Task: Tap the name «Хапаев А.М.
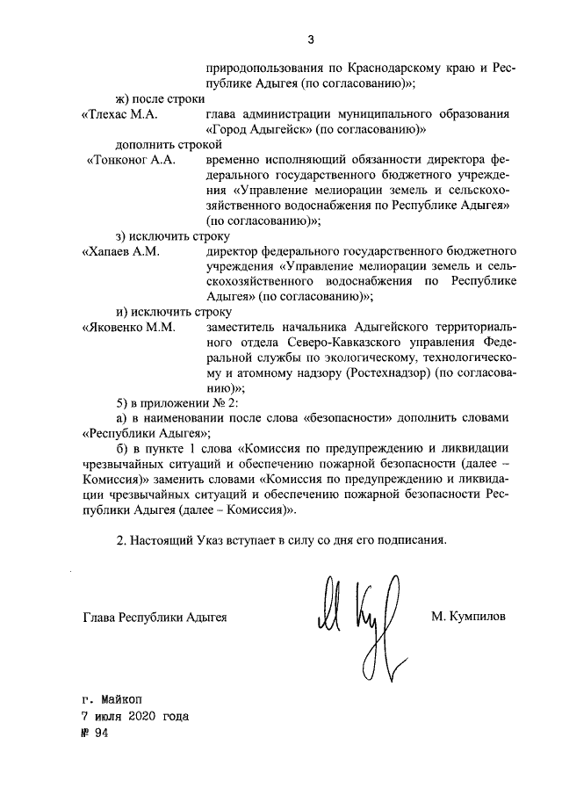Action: click(x=119, y=251)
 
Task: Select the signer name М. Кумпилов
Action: click(x=468, y=617)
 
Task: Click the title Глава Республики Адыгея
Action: click(x=155, y=618)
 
